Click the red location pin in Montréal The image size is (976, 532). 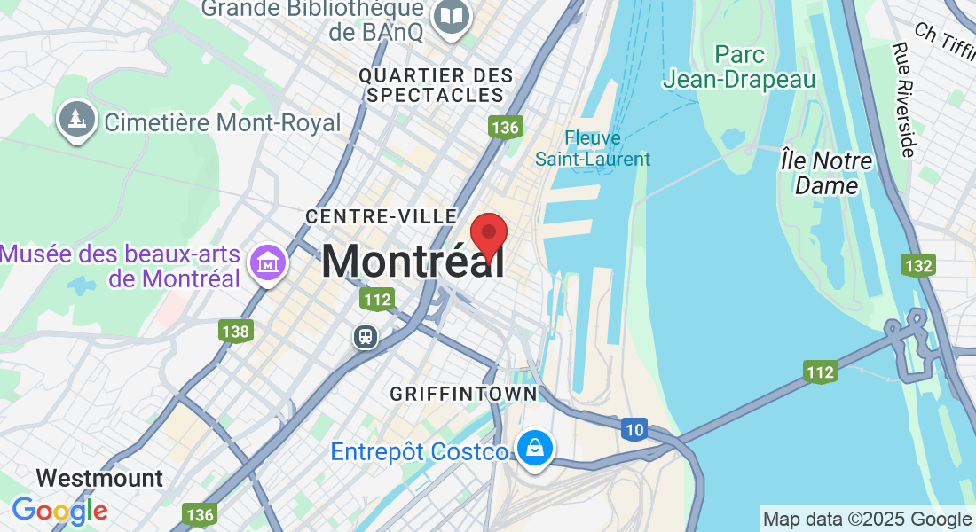(x=488, y=234)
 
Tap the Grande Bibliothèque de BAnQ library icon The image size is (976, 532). (x=452, y=17)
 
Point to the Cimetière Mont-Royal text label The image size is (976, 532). (x=223, y=122)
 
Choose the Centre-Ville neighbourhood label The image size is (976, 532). (x=382, y=216)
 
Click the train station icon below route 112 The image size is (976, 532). (x=365, y=336)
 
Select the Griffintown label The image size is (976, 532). (x=464, y=393)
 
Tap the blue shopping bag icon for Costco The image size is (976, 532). (x=536, y=449)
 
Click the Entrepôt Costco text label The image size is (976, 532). (x=421, y=451)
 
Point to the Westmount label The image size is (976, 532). (x=100, y=478)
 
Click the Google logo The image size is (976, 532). (x=59, y=511)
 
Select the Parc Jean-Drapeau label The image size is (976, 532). (x=739, y=67)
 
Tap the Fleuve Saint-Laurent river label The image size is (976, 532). (x=593, y=149)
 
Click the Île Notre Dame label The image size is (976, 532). (x=827, y=173)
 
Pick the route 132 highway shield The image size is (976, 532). (x=917, y=265)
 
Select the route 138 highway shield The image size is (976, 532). (x=236, y=332)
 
